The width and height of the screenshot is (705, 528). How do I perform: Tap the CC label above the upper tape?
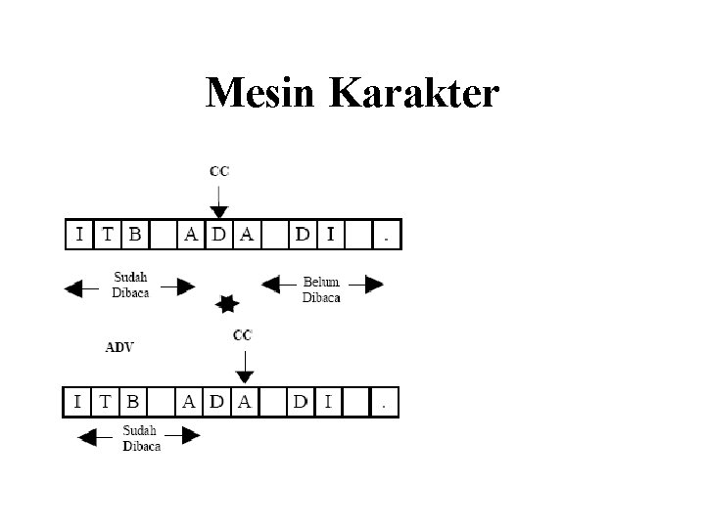point(219,171)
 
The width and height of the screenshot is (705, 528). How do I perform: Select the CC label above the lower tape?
point(242,335)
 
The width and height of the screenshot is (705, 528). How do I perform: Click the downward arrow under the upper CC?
point(219,200)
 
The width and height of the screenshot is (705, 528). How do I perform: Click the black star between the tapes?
point(227,304)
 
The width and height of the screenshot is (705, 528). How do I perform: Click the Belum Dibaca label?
point(321,289)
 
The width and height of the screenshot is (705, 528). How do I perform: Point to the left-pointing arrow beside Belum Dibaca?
point(277,285)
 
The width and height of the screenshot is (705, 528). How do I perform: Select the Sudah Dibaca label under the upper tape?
point(130,286)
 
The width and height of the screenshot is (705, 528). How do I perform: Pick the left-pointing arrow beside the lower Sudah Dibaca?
point(95,439)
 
